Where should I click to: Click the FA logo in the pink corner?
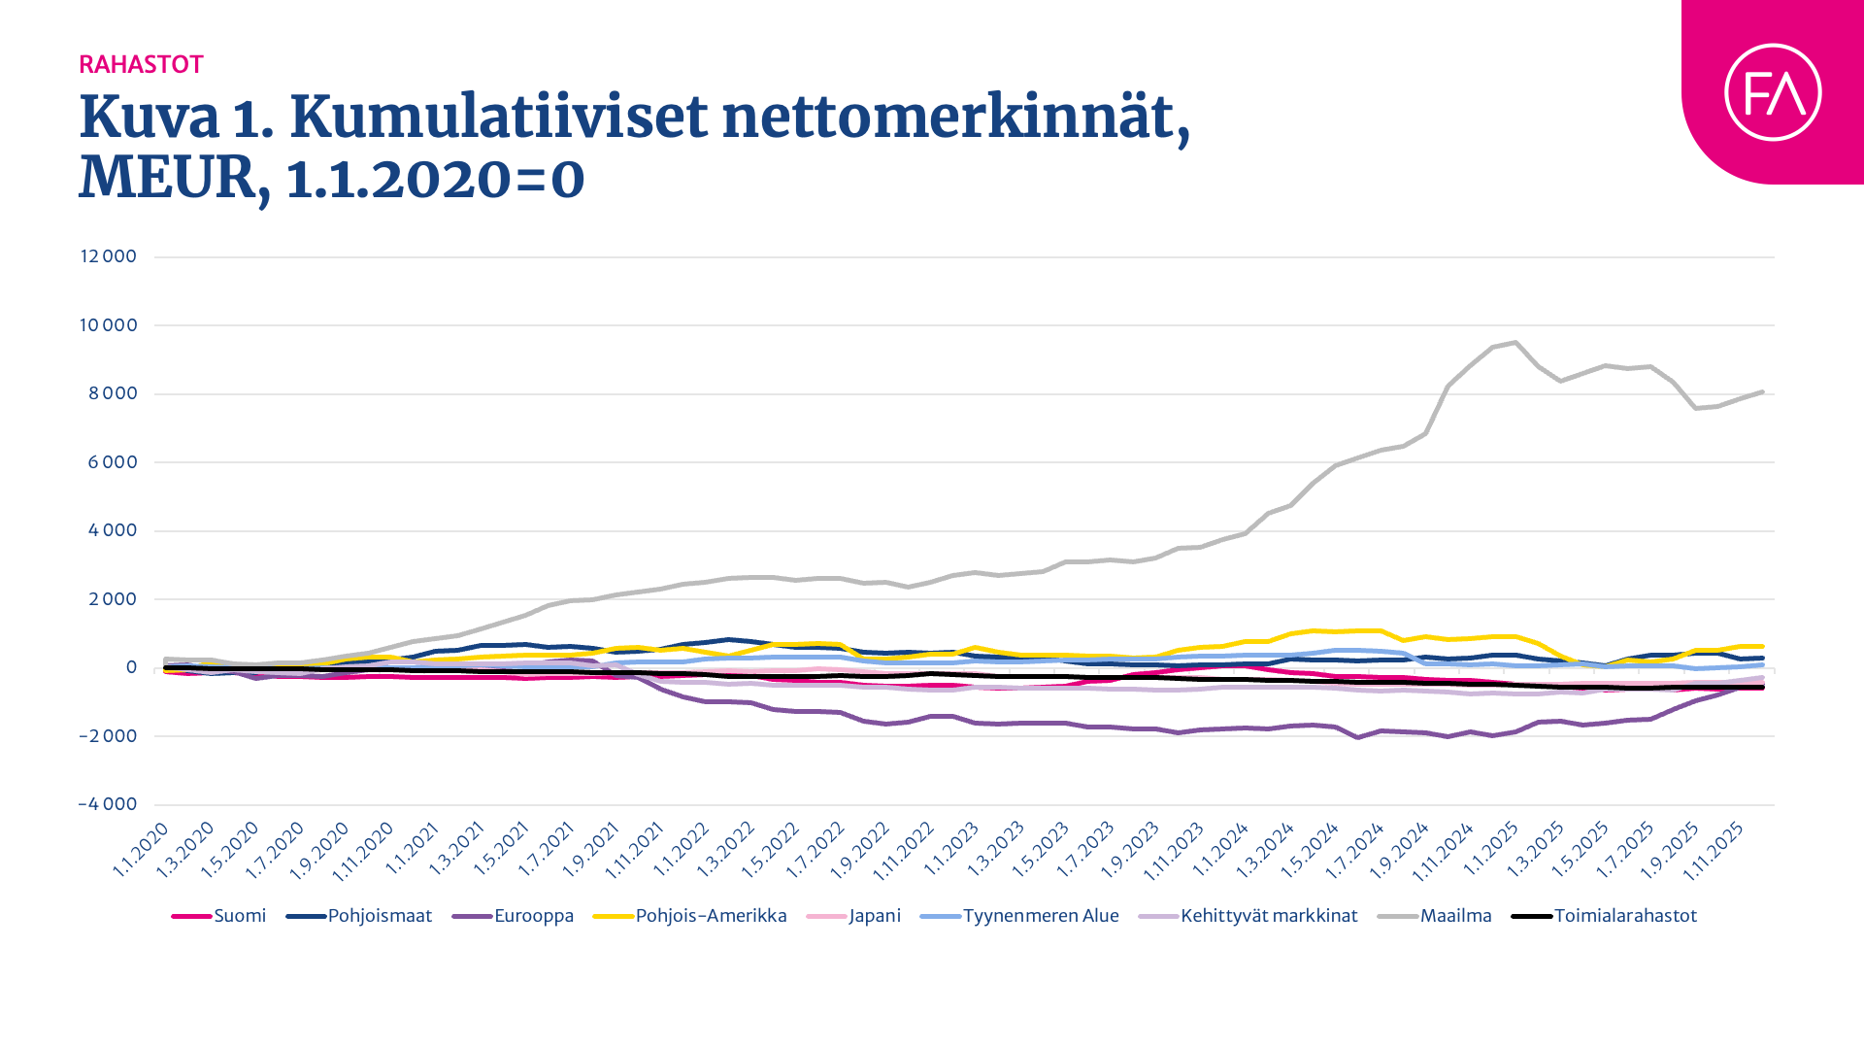tap(1773, 92)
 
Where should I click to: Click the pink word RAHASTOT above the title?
tap(141, 65)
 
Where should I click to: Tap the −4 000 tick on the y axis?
tap(107, 804)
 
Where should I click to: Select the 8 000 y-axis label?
tap(113, 393)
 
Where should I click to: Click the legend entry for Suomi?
tap(239, 916)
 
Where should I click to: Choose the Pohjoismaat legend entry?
tap(379, 916)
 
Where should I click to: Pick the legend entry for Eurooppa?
tap(533, 916)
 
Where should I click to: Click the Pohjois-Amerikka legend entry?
tap(710, 916)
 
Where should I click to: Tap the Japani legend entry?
tap(874, 916)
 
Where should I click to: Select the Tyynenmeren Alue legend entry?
tap(1040, 916)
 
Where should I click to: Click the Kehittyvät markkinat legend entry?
tap(1268, 916)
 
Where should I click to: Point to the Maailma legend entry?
tap(1454, 916)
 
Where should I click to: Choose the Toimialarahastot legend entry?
tap(1624, 916)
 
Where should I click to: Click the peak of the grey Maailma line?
tap(1514, 342)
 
